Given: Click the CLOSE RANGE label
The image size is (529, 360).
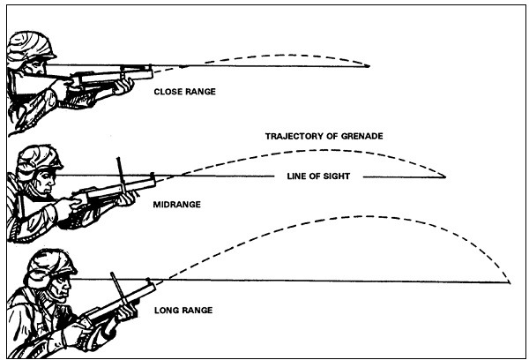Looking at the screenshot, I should (x=184, y=90).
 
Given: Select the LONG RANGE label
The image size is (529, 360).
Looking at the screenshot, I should (x=184, y=311).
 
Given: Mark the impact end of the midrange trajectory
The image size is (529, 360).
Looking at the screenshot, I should (x=445, y=176).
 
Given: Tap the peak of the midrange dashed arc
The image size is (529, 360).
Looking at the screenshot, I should (x=313, y=147).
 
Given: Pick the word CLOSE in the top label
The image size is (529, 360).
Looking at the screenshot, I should (x=168, y=90).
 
